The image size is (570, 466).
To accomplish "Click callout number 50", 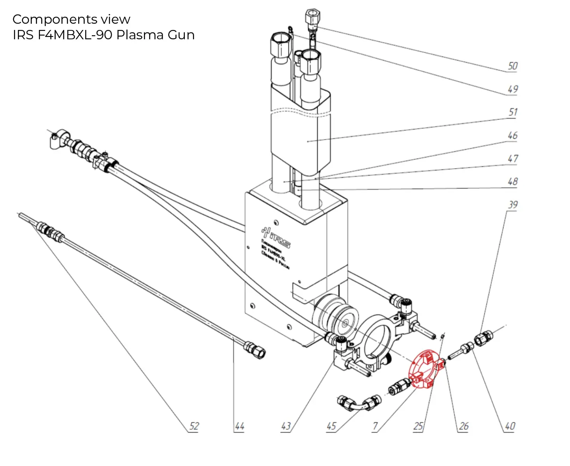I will [x=512, y=66].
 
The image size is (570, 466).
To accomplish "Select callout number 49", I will [x=512, y=89].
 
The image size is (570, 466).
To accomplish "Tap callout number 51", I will [x=513, y=112].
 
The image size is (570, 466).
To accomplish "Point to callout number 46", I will [x=512, y=135].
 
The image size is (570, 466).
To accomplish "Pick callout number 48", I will [x=512, y=181].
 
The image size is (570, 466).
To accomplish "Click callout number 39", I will [x=512, y=205].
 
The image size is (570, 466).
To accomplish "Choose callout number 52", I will [x=194, y=426].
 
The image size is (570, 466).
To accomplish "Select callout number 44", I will [x=239, y=426].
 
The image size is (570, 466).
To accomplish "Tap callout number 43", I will [x=286, y=426].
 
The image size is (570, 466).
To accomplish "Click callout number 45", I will [x=331, y=426].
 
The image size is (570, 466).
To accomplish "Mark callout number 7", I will [x=375, y=426].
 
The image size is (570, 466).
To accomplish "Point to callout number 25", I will [x=418, y=426].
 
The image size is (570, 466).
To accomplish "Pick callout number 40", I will [x=510, y=426].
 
